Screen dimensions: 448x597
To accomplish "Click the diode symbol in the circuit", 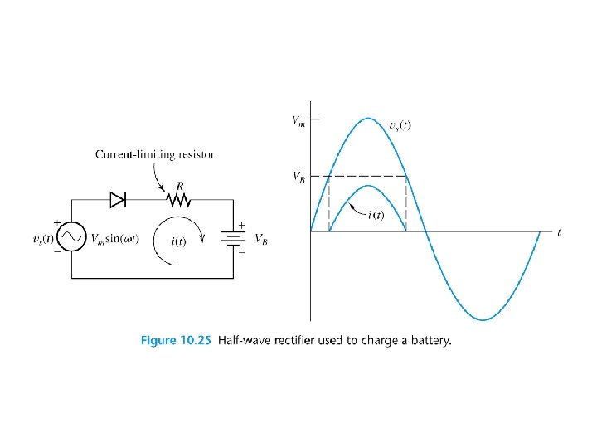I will (118, 199).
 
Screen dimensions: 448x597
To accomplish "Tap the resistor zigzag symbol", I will (176, 199).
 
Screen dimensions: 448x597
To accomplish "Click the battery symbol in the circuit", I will (234, 239).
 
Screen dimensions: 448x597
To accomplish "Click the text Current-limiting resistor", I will (155, 154).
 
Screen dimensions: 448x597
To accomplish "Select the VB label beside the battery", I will (260, 239).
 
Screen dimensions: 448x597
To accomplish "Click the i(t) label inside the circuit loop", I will (178, 241).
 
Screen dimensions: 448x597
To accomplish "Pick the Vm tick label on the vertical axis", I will (298, 121).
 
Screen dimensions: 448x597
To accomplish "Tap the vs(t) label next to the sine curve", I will (400, 126).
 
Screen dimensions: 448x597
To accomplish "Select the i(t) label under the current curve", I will (376, 216).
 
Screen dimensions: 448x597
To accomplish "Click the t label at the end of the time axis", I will (559, 233).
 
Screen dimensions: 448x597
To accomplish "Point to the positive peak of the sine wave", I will (368, 118).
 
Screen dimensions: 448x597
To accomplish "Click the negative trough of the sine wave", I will (483, 319).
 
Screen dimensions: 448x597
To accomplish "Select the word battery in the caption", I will (429, 339).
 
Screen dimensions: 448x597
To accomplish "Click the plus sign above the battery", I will (242, 225).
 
